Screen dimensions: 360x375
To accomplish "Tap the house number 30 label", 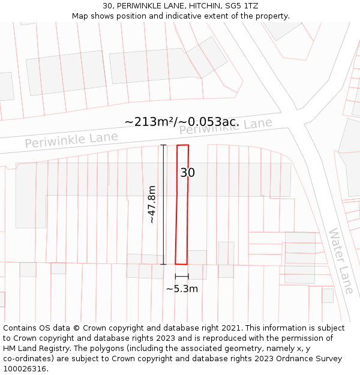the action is coord(187,173).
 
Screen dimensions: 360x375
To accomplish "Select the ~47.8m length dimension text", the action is coord(152,205).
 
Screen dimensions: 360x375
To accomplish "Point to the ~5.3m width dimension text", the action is coord(182,289).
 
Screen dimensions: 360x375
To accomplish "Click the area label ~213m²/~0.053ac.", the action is coord(182,122).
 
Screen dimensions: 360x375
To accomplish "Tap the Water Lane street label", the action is coord(341,260).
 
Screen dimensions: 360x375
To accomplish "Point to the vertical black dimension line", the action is coord(164,205).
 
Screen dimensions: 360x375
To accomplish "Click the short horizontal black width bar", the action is coord(182,276).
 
